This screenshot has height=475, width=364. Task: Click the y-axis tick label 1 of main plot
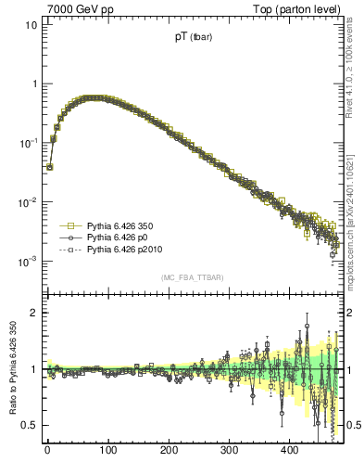(33, 83)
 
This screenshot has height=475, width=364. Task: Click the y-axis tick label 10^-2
(29, 201)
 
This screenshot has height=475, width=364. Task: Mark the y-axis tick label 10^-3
(29, 261)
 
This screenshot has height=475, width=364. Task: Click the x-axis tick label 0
(47, 449)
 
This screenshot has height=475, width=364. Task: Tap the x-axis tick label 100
(107, 449)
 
